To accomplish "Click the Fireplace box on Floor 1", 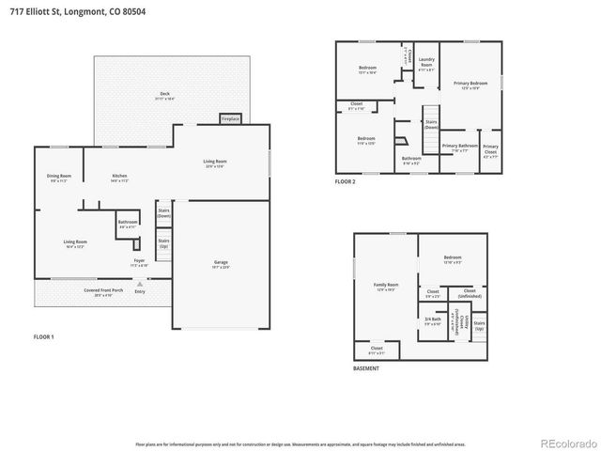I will pos(230,119).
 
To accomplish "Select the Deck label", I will pos(165,95).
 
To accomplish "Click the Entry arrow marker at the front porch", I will pos(140,283).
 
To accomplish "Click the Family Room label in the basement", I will pos(386,285).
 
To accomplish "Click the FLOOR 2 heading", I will pos(346,181).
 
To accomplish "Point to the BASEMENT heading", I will pos(366,368).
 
